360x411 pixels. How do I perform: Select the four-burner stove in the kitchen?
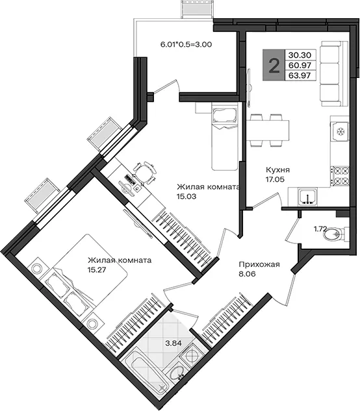(x=340, y=176)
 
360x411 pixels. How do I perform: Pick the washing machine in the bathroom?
(x=192, y=355)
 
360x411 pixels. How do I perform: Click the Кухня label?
(x=278, y=170)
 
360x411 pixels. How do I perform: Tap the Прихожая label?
(x=259, y=264)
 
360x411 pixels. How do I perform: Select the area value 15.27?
(x=97, y=269)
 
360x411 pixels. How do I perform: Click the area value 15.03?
(x=186, y=196)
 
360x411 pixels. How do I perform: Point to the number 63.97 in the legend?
(x=300, y=75)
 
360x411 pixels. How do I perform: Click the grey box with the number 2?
(x=274, y=65)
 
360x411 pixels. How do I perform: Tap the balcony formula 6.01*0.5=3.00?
(x=186, y=44)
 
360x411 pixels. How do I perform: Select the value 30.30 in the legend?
(x=300, y=55)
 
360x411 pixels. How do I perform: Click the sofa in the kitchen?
(x=331, y=73)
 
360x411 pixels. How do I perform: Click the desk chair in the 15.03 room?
(x=145, y=172)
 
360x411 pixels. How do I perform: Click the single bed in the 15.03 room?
(x=225, y=136)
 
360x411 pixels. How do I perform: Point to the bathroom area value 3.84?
(x=174, y=343)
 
